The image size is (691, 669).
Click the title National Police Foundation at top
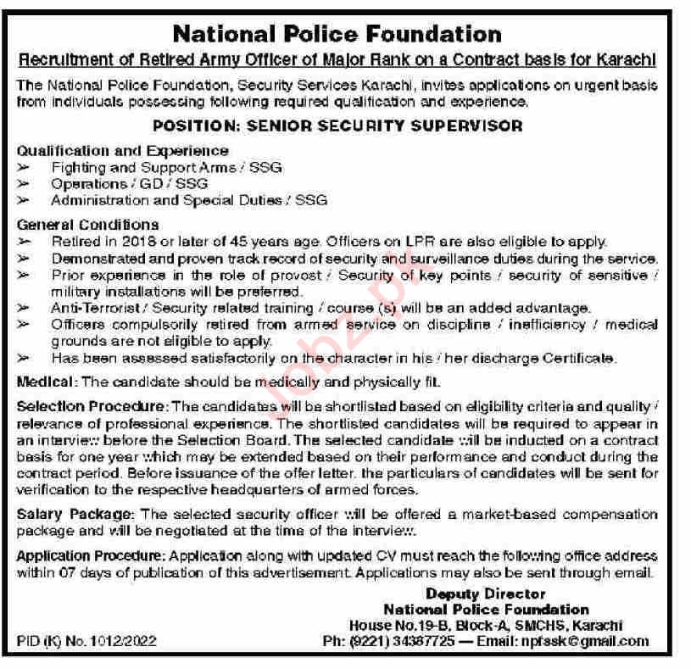[x=337, y=34]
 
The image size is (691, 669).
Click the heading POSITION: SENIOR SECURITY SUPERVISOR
[x=337, y=125]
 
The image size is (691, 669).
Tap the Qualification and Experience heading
[x=111, y=151]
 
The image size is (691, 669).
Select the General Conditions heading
[x=88, y=225]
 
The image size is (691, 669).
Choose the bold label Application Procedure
[x=92, y=555]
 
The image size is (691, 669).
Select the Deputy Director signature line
[x=486, y=594]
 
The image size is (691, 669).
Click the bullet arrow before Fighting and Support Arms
[x=25, y=167]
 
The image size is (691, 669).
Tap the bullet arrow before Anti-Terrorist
[x=25, y=307]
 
